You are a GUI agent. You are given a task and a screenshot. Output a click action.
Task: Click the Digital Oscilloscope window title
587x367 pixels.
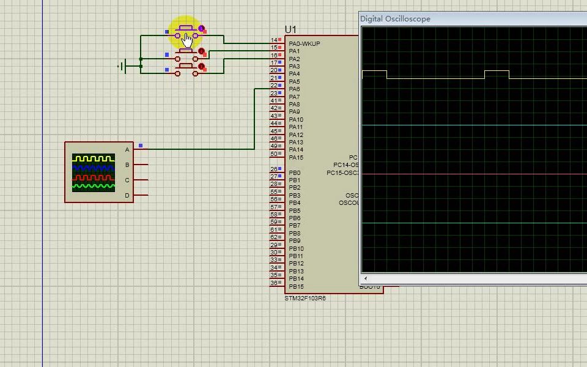tap(395, 19)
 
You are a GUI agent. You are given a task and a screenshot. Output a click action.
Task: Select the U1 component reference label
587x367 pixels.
tap(290, 29)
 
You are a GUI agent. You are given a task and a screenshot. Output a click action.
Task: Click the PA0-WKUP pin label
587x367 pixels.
tap(304, 44)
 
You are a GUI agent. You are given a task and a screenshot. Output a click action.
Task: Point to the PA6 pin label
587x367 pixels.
tap(294, 89)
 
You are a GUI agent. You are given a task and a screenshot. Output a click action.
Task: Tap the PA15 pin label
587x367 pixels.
tap(296, 158)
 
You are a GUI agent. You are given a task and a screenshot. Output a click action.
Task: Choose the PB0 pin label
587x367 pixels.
tap(294, 173)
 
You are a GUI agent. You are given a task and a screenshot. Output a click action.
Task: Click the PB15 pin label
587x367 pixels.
tap(296, 287)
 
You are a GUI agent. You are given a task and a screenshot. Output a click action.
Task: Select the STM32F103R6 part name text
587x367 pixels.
tap(305, 298)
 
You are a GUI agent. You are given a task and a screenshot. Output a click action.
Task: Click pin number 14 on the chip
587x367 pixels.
tap(273, 40)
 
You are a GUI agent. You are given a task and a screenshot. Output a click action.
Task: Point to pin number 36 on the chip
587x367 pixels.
tap(273, 283)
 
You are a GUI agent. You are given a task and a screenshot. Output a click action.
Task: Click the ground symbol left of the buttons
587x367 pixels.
tap(123, 66)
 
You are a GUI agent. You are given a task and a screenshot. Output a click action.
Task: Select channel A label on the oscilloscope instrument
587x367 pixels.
tap(127, 150)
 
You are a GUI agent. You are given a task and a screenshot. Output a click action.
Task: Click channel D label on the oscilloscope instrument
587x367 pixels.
tap(127, 196)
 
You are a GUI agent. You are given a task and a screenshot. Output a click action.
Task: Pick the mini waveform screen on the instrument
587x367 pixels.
tap(94, 172)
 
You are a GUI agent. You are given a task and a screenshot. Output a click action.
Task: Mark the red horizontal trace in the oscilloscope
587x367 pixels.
tap(474, 174)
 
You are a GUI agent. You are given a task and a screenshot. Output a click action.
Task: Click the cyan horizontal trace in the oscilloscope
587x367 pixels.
tap(474, 125)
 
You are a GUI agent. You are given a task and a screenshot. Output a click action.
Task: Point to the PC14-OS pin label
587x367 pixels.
tap(345, 165)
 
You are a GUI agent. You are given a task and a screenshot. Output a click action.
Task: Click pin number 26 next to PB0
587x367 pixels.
tap(273, 169)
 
